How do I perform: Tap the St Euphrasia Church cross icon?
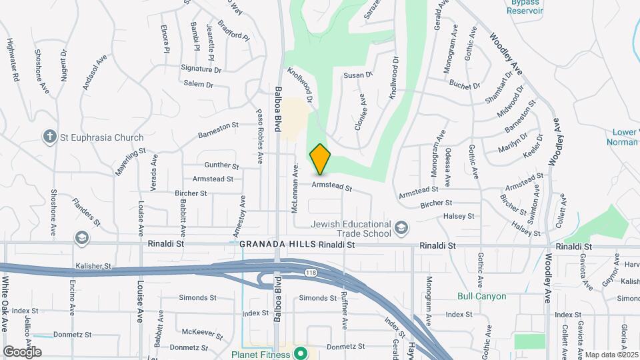50,137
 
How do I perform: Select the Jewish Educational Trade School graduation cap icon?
401,229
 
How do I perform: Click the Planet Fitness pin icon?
301,353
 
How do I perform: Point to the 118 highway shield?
311,273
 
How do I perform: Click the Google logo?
22,352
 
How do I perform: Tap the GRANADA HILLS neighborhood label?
277,245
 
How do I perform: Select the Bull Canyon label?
481,296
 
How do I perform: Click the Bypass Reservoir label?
525,7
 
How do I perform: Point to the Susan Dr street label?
357,75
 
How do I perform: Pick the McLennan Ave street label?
295,189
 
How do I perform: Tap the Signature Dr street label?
201,69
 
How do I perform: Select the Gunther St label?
222,165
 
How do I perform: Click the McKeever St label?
197,331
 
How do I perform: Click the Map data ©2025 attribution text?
611,355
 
